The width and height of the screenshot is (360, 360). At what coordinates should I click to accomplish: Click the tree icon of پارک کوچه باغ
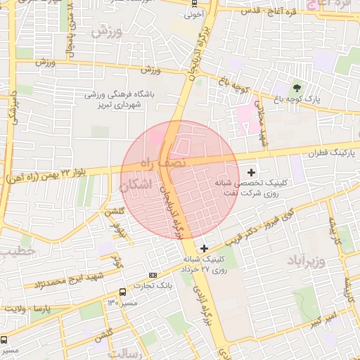(x=296, y=88)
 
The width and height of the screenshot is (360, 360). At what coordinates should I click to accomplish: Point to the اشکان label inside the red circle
(x=134, y=187)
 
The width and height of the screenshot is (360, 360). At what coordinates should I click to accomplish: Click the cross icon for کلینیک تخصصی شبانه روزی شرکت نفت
(x=251, y=172)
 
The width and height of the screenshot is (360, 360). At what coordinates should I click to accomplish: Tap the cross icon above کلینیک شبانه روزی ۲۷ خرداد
(x=204, y=247)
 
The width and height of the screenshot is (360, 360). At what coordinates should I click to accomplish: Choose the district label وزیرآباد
(x=308, y=262)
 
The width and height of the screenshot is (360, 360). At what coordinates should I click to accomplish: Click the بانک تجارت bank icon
(x=153, y=274)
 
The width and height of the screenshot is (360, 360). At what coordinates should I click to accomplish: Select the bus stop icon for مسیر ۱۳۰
(x=123, y=292)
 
